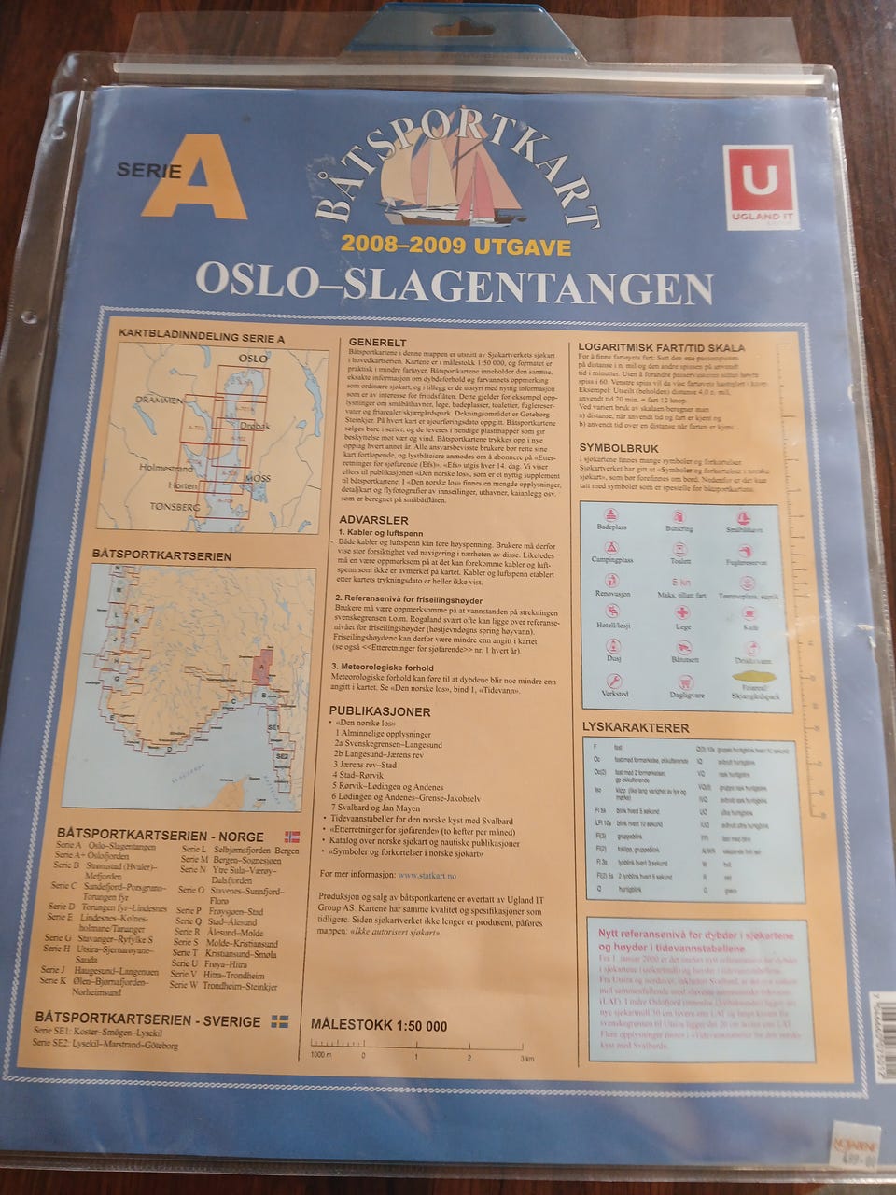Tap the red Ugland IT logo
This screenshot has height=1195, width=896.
(759, 181)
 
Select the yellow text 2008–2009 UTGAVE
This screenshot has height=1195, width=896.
(455, 246)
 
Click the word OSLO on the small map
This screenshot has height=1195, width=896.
(253, 358)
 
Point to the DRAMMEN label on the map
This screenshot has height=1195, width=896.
(160, 400)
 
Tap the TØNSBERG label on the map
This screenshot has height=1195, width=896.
(175, 506)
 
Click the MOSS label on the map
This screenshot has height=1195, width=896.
(257, 478)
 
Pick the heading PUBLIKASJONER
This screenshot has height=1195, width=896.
(380, 711)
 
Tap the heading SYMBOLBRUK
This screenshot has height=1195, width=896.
(619, 448)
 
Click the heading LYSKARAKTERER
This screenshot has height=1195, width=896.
(636, 727)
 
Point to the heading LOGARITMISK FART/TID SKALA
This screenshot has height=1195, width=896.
(662, 347)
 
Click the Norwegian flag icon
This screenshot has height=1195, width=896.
(291, 836)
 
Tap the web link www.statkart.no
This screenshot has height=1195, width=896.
(426, 876)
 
